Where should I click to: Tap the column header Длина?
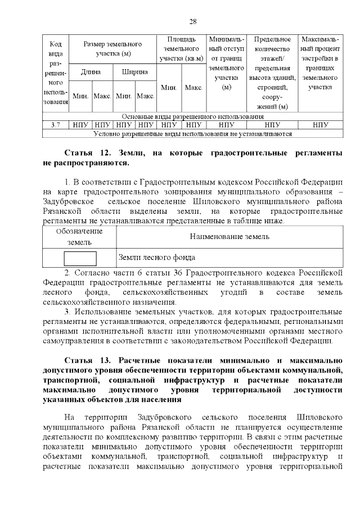91,72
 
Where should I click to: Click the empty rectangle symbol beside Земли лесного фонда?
80,258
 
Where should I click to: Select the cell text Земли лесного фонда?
156,258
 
